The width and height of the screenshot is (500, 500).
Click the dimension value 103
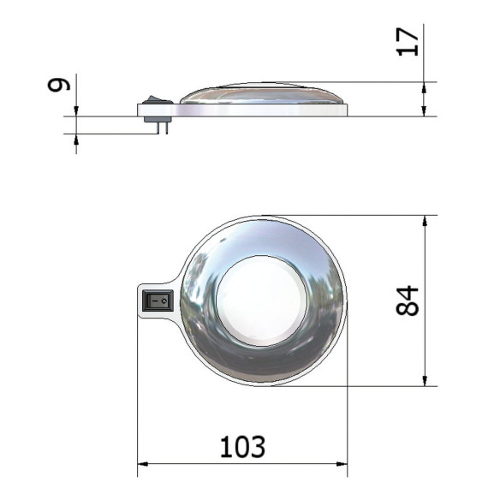[x=242, y=446]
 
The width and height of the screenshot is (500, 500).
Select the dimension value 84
[x=408, y=301]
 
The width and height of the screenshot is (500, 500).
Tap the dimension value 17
[x=408, y=41]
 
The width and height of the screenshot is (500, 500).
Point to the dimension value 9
[x=57, y=86]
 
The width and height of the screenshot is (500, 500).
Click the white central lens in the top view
[x=260, y=301]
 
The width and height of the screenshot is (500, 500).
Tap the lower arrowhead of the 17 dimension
[x=426, y=110]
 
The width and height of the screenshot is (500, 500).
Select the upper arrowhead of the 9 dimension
[x=76, y=110]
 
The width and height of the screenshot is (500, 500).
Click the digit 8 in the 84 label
[x=408, y=310]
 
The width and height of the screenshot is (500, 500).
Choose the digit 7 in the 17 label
[x=408, y=33]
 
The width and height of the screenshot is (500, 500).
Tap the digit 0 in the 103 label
[x=242, y=446]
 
